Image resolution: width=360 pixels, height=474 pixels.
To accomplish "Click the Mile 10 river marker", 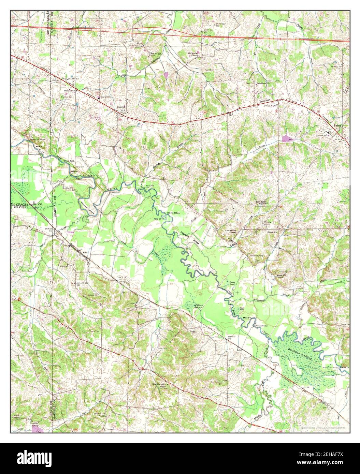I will coord(157,218).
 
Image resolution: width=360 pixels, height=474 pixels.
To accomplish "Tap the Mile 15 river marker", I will coord(247,318).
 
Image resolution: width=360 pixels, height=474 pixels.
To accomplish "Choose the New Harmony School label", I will coord(160,386).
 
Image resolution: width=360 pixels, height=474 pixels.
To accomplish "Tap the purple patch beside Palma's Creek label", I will coord(286,138).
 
